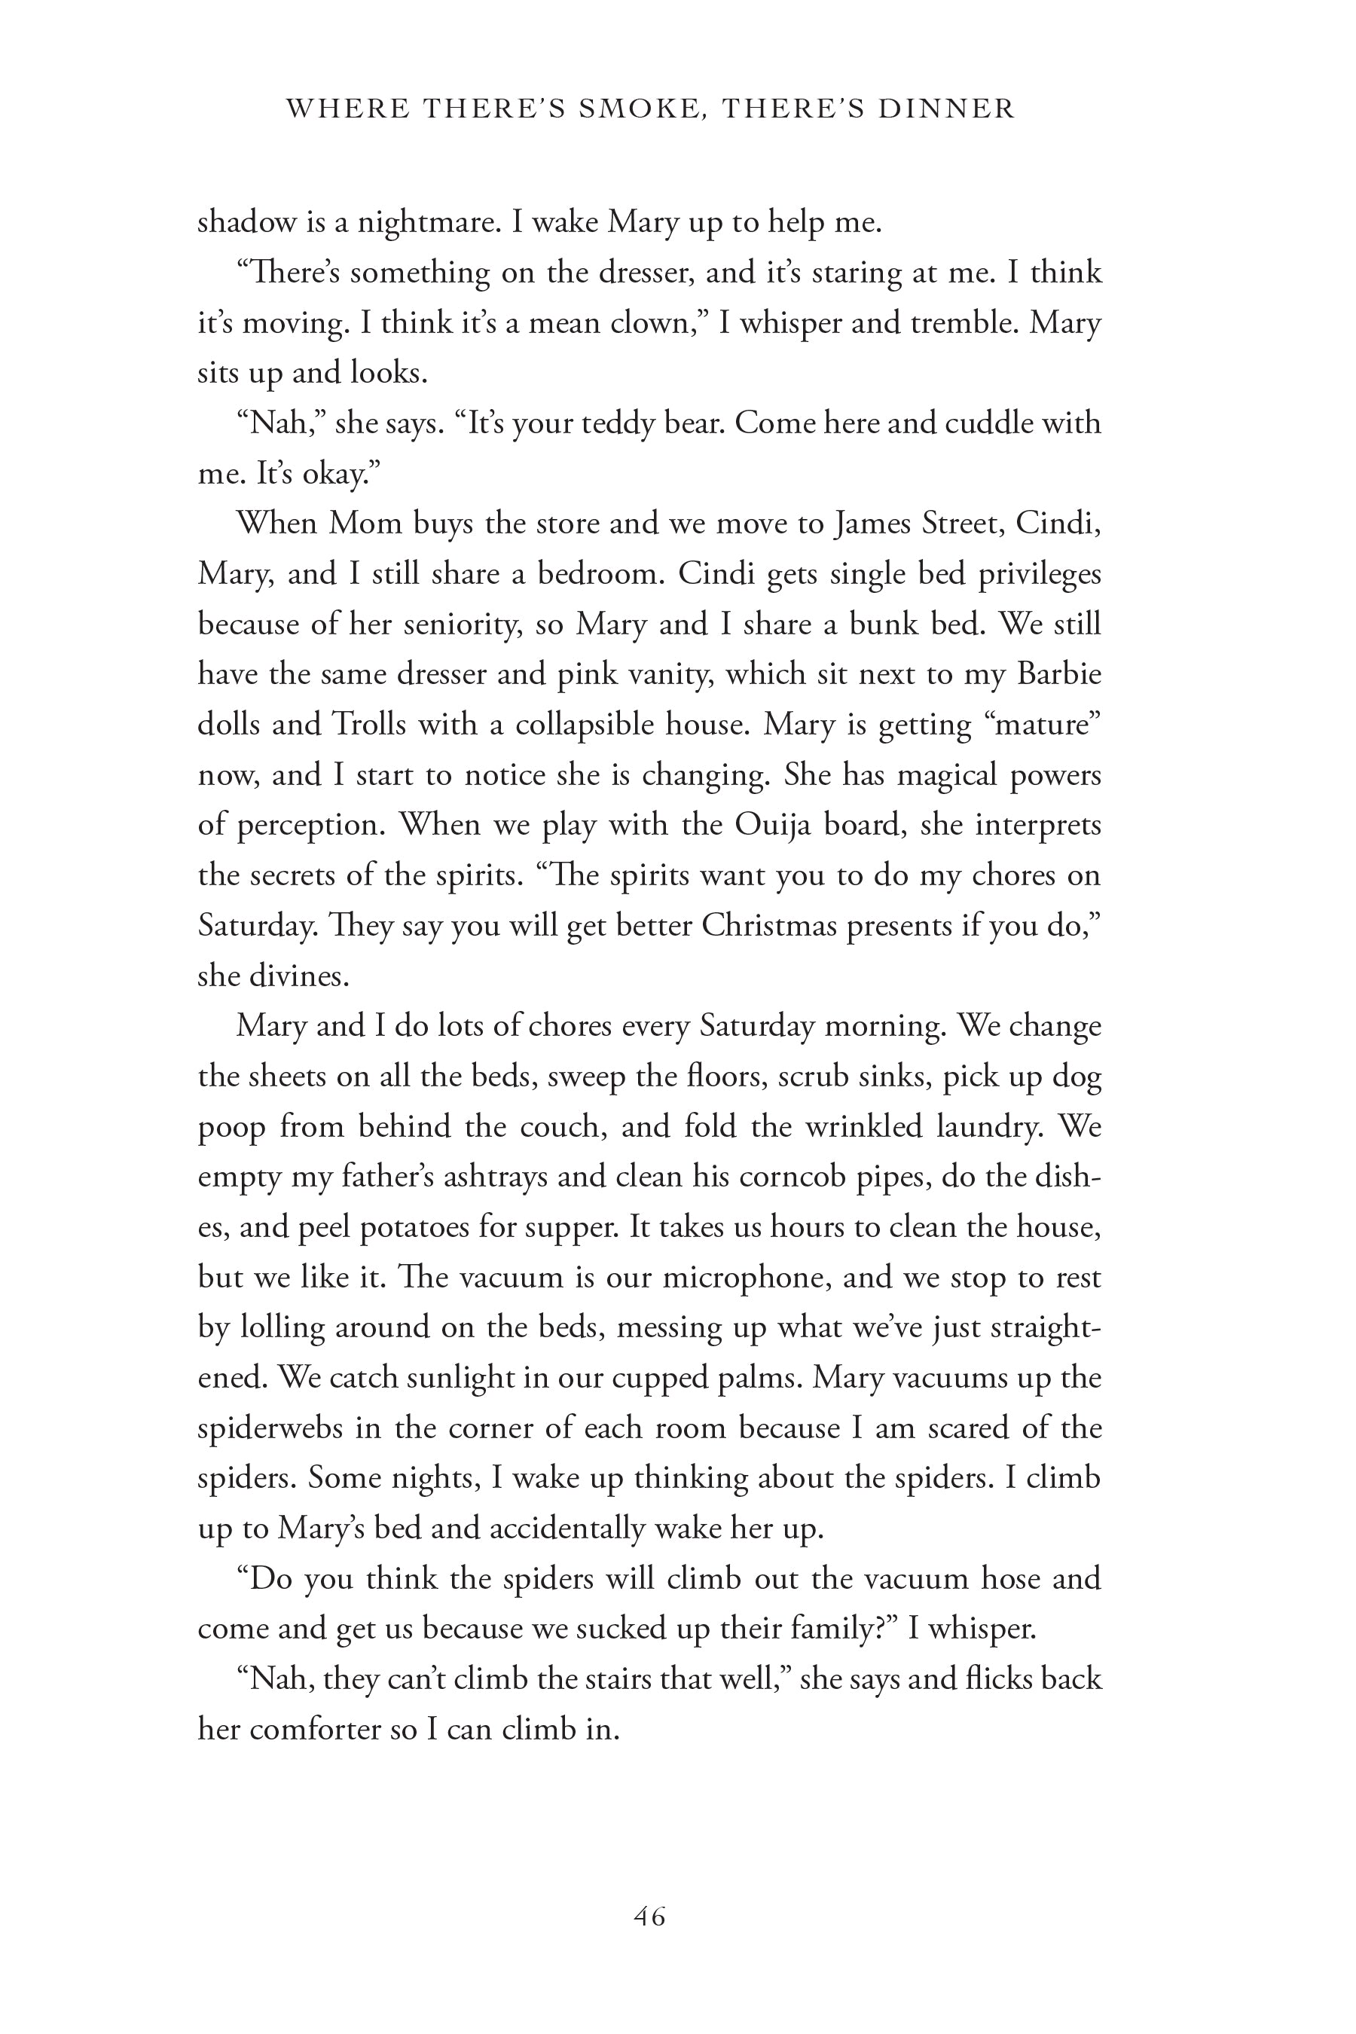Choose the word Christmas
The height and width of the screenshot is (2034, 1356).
[761, 925]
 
